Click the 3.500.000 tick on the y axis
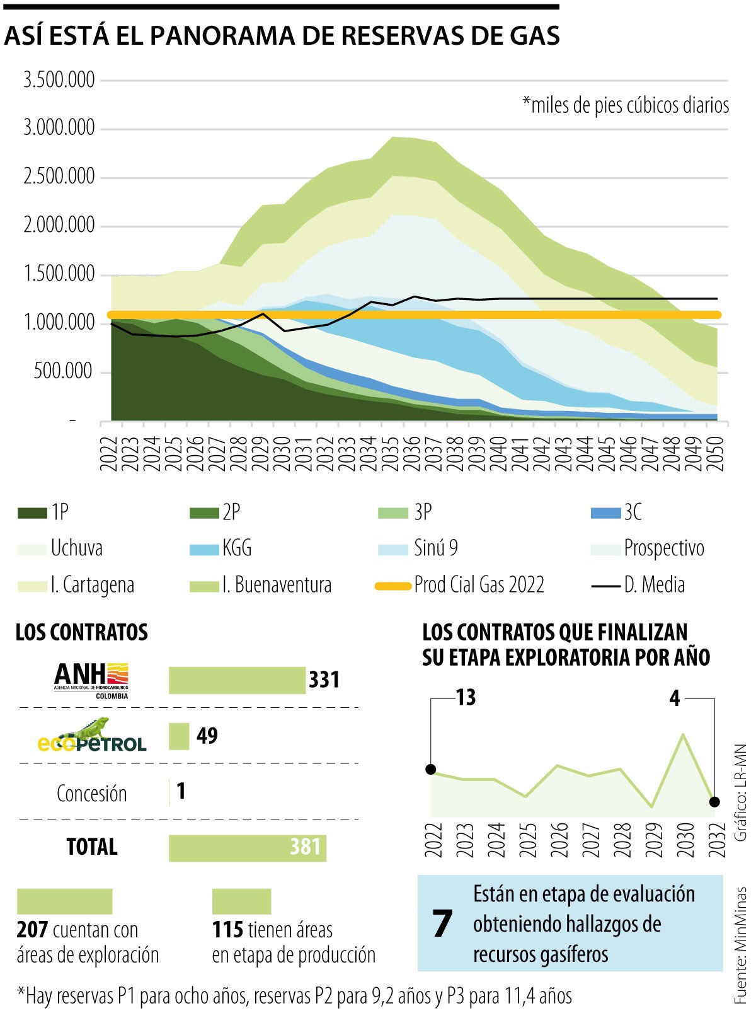(59, 80)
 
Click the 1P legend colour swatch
(32, 513)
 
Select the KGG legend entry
(236, 548)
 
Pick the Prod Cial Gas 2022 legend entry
(479, 585)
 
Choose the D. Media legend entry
(654, 585)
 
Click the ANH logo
(92, 680)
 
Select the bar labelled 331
(237, 680)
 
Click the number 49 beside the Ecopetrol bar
(207, 736)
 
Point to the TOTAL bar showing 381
(247, 847)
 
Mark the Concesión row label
(92, 794)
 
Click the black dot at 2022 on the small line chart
(431, 769)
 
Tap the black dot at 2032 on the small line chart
(714, 802)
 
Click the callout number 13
(466, 698)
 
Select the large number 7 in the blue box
(442, 923)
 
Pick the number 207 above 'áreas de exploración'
(33, 930)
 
